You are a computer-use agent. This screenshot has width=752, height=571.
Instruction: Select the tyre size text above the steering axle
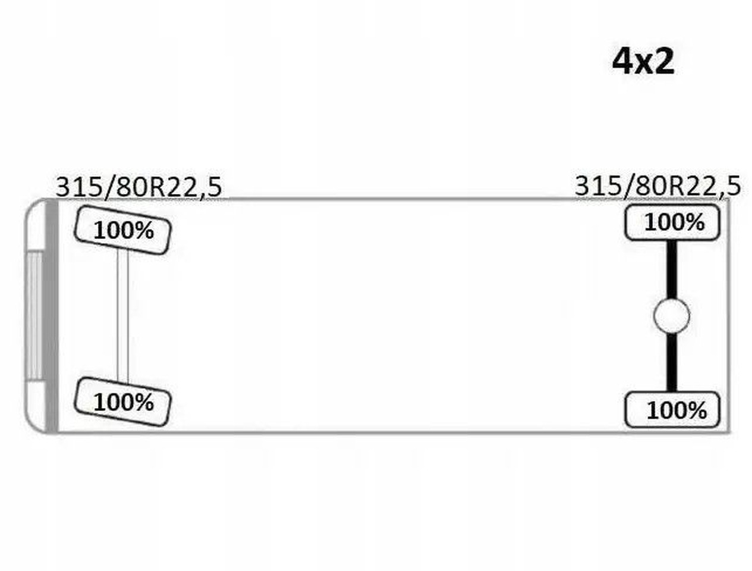coord(139,187)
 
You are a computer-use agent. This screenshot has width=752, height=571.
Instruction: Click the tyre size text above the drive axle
coord(657,186)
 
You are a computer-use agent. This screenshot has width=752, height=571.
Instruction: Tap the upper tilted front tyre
coord(122,230)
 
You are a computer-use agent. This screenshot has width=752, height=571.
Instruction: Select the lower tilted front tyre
coord(122,402)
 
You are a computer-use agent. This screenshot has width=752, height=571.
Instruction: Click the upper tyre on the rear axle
coord(672,222)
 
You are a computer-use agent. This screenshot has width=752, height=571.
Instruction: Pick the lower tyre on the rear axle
coord(672,410)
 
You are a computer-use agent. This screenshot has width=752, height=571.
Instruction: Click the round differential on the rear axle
coord(672,316)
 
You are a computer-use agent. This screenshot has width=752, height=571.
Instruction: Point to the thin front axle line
coord(122,315)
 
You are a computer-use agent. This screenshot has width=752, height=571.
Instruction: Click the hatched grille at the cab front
coord(34,315)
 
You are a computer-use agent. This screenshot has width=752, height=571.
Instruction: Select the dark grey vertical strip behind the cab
coord(52,315)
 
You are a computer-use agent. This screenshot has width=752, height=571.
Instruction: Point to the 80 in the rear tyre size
coord(646,186)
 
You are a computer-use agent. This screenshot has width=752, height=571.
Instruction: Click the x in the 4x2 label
coord(643,64)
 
